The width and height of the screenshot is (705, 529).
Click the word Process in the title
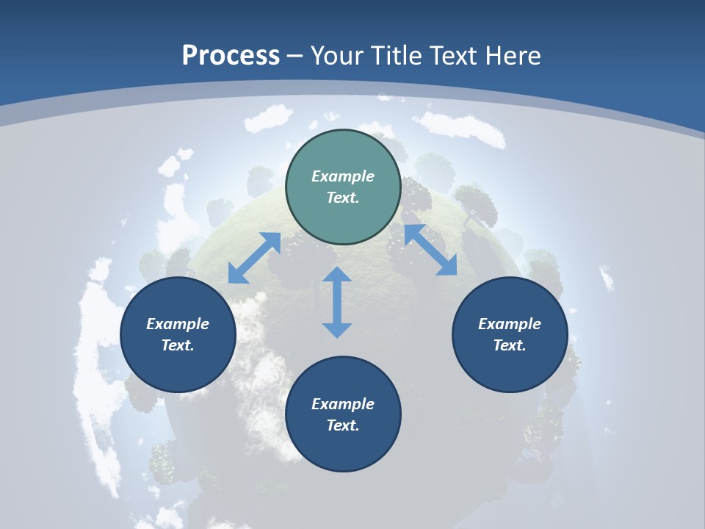coord(231,56)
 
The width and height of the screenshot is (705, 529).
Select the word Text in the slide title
coord(452,56)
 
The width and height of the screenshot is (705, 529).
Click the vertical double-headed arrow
coord(337,302)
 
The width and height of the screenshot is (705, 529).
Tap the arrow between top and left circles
coord(254,258)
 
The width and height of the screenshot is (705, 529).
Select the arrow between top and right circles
coord(430,250)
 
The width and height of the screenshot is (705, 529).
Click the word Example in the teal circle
coord(343,176)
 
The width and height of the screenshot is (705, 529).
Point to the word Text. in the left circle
coord(178,345)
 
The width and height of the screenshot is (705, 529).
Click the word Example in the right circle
coord(510,324)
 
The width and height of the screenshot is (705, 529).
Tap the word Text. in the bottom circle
coord(343,425)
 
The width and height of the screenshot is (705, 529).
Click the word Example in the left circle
coord(178,324)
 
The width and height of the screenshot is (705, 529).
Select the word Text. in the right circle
coord(510,345)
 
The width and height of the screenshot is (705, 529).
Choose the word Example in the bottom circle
coord(343,404)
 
